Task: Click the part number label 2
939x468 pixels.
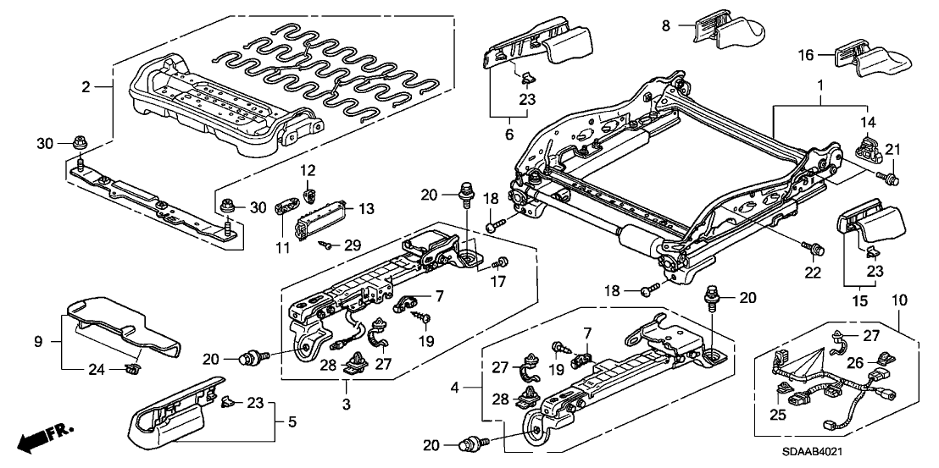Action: tap(86, 86)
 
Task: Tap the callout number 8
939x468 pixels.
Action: tap(666, 25)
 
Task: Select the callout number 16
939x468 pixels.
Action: tap(807, 55)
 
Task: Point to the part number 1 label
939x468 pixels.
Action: tap(820, 87)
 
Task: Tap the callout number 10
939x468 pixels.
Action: tap(900, 300)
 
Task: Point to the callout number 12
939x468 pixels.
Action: tap(308, 170)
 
